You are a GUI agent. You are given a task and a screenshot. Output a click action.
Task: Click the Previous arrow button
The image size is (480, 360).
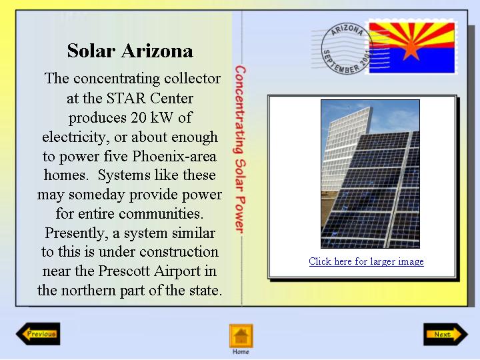[38, 334]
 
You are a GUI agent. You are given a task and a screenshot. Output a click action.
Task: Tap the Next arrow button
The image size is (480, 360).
[446, 334]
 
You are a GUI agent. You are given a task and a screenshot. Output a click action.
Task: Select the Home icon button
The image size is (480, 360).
[241, 336]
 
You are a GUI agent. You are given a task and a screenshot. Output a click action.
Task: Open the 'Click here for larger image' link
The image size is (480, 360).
[367, 261]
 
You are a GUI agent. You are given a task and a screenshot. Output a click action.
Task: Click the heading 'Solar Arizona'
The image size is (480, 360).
[130, 51]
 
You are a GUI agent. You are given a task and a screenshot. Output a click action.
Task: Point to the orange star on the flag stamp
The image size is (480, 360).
[411, 49]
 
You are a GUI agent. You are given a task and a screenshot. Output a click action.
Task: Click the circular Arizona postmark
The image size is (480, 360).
[347, 49]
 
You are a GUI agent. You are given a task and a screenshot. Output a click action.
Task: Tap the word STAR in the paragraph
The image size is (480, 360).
[126, 98]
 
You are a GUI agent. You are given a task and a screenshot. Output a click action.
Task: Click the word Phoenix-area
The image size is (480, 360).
[174, 156]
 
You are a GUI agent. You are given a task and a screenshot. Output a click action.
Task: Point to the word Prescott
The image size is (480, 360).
[125, 271]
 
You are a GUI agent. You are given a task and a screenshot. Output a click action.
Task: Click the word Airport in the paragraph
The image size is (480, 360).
[177, 271]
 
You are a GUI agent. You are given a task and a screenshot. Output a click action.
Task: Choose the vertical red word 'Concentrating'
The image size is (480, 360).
[241, 109]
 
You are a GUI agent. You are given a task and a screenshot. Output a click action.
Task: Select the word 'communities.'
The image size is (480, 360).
[161, 213]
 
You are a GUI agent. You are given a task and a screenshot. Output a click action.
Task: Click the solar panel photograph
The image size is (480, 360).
[370, 174]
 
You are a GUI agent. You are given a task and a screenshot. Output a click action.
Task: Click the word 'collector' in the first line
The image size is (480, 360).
[192, 79]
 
